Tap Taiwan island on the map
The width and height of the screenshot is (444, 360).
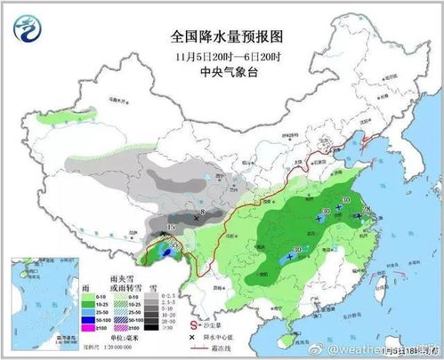pyautogui.click(x=384, y=283)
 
